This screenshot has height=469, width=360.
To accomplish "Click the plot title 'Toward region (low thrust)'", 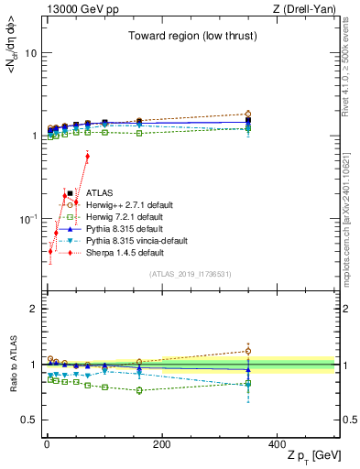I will tap(189, 37).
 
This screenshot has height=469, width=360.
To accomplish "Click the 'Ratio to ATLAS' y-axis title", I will tap(12, 365).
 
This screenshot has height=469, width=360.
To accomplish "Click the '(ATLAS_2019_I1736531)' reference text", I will tap(189, 274).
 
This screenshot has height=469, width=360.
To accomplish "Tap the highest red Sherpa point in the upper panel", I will tap(87, 157).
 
